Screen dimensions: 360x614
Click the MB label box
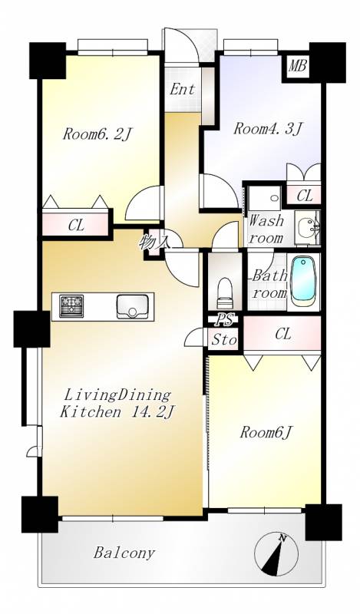297,66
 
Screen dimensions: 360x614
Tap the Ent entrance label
183,89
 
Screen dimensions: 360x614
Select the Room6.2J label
97,135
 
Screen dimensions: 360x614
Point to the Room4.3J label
268,129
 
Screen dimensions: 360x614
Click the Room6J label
267,432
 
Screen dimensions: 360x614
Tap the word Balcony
124,553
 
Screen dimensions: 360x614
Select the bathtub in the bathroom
304,282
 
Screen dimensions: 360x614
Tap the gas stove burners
71,306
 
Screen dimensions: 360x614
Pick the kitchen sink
132,306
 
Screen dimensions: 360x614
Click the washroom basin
308,227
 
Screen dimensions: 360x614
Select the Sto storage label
224,340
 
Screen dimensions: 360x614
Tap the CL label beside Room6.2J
76,226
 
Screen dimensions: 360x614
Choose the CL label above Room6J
283,334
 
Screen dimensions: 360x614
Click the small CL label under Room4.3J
305,196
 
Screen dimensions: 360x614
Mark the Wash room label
266,229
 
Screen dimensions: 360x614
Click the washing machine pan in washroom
265,199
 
